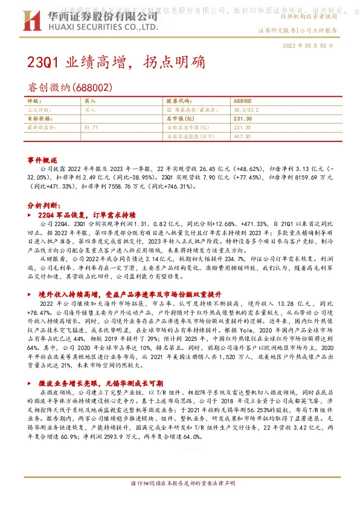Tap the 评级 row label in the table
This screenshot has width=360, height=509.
click(34, 102)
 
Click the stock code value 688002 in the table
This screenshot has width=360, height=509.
click(243, 102)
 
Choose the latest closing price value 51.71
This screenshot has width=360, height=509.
click(92, 128)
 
